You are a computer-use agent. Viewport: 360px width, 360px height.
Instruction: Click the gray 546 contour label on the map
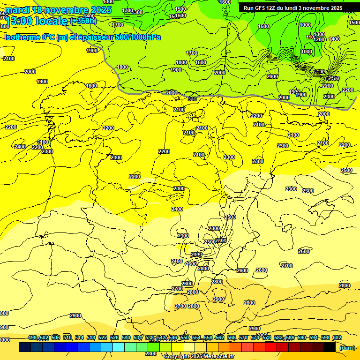click(x=192, y=99)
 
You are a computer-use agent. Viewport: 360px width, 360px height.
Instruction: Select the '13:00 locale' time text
click(x=37, y=21)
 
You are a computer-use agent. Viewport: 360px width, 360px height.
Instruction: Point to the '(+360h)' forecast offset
click(x=83, y=21)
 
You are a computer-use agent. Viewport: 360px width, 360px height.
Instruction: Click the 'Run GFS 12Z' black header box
click(x=293, y=8)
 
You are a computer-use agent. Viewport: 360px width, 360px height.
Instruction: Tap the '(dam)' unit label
click(x=347, y=347)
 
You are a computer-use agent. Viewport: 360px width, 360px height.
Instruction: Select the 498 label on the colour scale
click(x=32, y=338)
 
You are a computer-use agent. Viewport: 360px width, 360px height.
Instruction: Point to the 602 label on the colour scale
click(x=337, y=338)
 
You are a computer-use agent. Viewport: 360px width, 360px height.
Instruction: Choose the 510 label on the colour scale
click(x=67, y=338)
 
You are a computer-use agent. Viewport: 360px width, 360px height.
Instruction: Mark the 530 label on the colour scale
click(x=126, y=338)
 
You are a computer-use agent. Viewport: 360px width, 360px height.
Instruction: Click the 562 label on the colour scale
click(x=220, y=338)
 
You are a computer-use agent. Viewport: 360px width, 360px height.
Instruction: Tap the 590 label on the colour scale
click(x=302, y=338)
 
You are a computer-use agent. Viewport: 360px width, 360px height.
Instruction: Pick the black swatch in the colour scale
click(x=330, y=347)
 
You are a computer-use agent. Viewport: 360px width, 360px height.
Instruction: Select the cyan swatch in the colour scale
click(x=119, y=347)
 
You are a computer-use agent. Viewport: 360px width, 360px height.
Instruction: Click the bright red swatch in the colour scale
click(x=271, y=347)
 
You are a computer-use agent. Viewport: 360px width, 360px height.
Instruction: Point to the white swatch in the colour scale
click(x=189, y=347)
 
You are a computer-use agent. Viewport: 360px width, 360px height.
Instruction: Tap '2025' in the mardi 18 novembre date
click(x=101, y=10)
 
